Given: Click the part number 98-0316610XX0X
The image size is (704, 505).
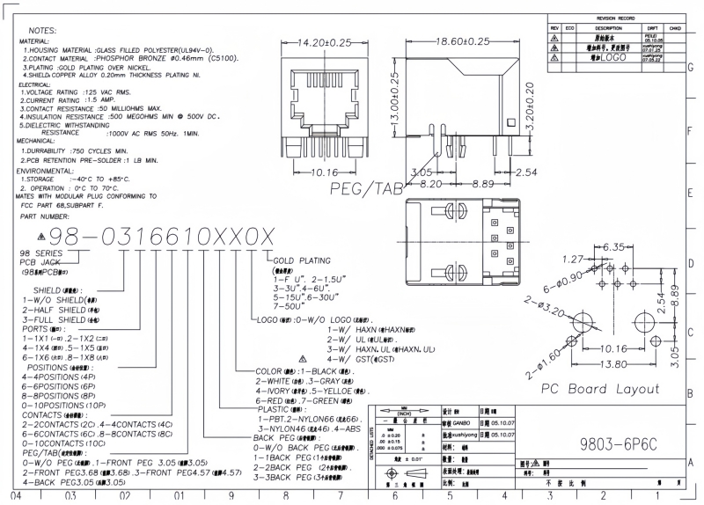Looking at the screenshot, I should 162,235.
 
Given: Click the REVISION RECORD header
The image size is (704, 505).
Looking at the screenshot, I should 615,18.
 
